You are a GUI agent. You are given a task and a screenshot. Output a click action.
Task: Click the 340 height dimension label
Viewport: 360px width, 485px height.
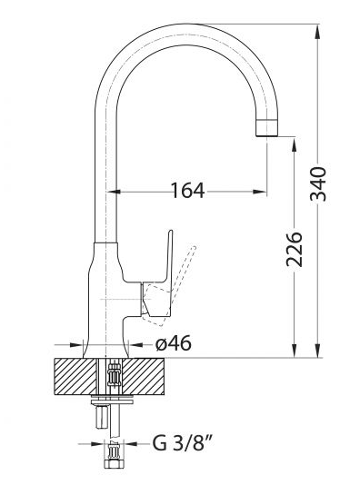pyautogui.click(x=318, y=184)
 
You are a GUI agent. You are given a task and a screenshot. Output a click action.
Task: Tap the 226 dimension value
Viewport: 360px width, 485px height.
pyautogui.click(x=294, y=249)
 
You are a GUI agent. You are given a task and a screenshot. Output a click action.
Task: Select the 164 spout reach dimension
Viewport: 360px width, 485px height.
pyautogui.click(x=187, y=191)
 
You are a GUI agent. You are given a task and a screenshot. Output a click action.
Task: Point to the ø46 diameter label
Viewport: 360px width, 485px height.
pyautogui.click(x=174, y=343)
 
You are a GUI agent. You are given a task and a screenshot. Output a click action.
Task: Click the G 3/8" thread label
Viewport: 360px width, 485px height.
pyautogui.click(x=183, y=444)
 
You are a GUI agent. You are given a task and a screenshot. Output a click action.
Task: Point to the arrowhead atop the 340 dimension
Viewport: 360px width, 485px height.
pyautogui.click(x=318, y=31)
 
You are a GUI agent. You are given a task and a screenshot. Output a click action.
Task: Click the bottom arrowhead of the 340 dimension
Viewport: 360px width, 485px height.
pyautogui.click(x=318, y=351)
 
